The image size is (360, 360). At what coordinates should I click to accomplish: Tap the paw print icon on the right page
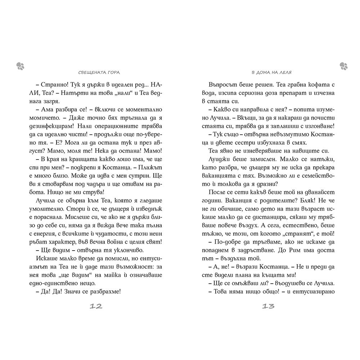point(343,65)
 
